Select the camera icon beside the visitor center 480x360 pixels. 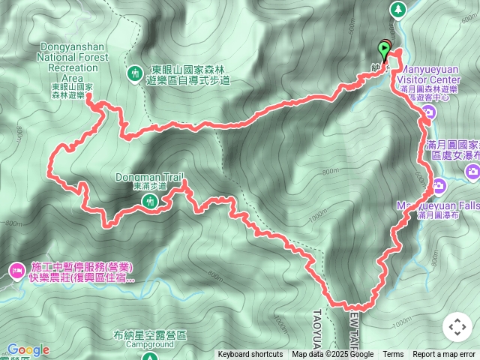(428, 114)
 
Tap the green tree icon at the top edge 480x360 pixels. (397, 8)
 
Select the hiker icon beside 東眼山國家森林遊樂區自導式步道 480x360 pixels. (134, 73)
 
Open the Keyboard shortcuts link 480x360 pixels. (250, 355)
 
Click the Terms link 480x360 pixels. (393, 355)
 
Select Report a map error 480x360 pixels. (444, 355)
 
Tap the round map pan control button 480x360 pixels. (457, 328)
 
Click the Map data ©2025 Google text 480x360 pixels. (332, 355)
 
